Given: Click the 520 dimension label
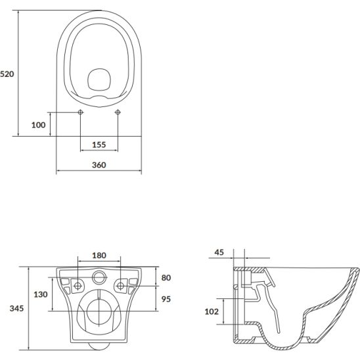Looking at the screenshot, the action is coord(7,74).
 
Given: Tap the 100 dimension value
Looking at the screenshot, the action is coord(38,125).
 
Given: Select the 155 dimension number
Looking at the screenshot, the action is coord(99,145).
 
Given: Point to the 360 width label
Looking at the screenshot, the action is coord(99,165).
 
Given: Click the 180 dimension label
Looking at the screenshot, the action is coord(99,256).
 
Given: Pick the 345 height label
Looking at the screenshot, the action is coord(16,308).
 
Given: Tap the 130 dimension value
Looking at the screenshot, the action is coord(41,294).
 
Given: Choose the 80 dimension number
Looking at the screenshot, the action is coord(166,278).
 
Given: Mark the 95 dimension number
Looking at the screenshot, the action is coord(166,299).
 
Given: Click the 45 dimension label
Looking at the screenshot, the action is coord(219,252).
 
